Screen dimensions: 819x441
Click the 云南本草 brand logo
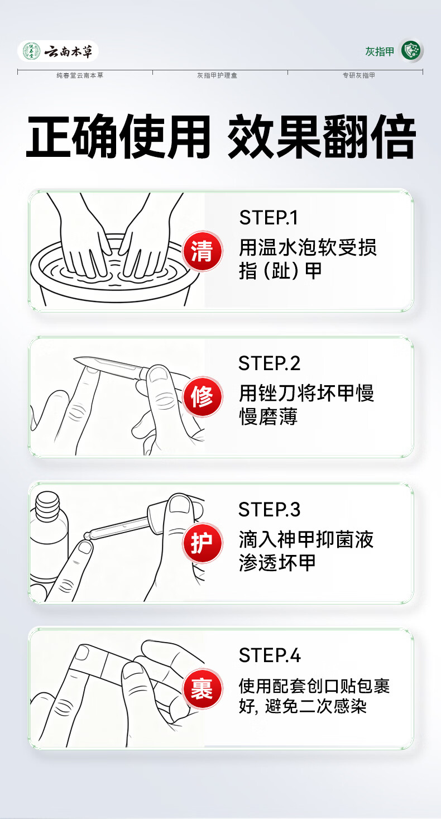[58, 51]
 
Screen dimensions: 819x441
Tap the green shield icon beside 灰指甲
[412, 51]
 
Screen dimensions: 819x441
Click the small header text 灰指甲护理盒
[217, 75]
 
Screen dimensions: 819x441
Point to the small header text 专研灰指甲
[359, 75]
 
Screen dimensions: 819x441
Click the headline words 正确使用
[118, 137]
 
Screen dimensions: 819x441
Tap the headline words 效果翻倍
[322, 137]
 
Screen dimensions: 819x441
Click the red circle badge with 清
[202, 251]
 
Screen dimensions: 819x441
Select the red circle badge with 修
[202, 396]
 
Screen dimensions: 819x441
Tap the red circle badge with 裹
[202, 689]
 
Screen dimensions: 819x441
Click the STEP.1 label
[269, 218]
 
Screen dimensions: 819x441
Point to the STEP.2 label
[269, 363]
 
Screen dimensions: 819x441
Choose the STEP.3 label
[269, 510]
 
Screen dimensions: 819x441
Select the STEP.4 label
[269, 655]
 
